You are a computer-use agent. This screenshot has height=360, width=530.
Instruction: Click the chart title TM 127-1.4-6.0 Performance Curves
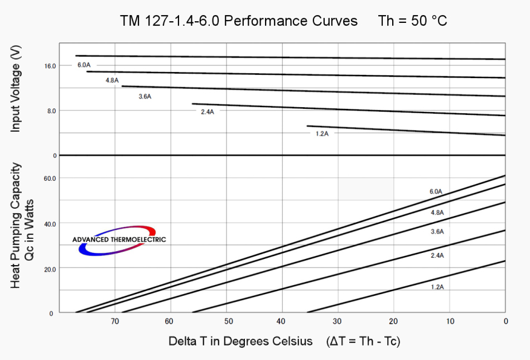click(x=239, y=21)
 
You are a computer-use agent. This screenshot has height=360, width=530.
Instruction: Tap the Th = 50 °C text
click(x=412, y=21)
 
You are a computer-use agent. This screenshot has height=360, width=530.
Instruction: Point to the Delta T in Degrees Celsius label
click(x=241, y=341)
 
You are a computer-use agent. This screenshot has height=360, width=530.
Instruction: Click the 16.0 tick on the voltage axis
click(x=51, y=66)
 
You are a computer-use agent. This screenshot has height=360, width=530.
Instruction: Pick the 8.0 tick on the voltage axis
click(x=51, y=111)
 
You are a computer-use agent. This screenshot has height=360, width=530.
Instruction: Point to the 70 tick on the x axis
click(x=115, y=321)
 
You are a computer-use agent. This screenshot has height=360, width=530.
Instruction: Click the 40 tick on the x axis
click(x=282, y=321)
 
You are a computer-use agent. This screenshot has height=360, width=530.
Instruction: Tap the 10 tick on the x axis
click(x=450, y=321)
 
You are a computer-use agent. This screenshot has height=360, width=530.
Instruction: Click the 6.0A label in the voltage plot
click(x=84, y=65)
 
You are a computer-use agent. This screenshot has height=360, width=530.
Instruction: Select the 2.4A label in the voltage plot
click(x=208, y=112)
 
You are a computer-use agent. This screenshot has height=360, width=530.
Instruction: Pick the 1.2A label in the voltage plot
click(x=322, y=134)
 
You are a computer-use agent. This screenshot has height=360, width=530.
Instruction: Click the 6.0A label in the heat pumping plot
click(x=436, y=191)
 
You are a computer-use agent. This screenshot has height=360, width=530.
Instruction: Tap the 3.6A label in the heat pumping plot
click(x=437, y=231)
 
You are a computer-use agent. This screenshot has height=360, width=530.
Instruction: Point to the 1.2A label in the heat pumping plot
click(x=437, y=287)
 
